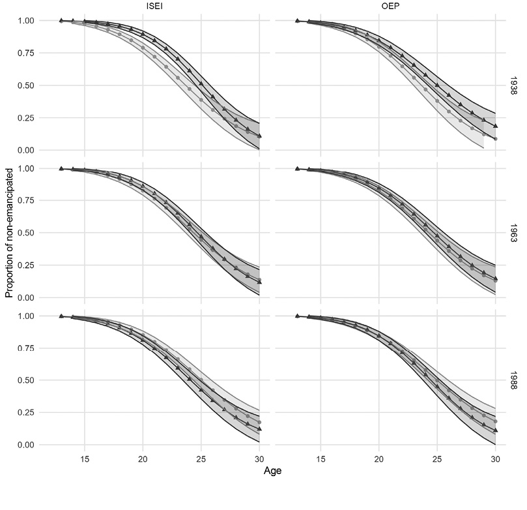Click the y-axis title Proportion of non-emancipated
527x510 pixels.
pos(9,232)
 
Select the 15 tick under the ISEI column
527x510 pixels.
pos(85,459)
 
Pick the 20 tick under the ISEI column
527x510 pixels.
pos(143,459)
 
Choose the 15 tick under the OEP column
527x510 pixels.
pos(320,459)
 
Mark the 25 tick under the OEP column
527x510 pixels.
pos(436,459)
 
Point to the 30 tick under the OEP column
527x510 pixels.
pos(494,459)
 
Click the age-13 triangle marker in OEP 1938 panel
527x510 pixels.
pos(297,21)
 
